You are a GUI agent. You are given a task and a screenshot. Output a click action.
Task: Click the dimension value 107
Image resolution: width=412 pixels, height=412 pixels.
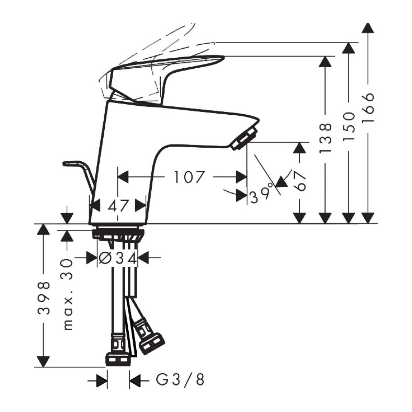tap(188, 177)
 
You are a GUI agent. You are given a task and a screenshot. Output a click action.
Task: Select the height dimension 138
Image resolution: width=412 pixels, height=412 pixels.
tap(325, 138)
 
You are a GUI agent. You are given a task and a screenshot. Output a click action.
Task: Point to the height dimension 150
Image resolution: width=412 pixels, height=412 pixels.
tap(349, 126)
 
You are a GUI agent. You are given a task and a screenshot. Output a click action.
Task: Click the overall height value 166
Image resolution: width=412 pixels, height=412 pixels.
tap(368, 107)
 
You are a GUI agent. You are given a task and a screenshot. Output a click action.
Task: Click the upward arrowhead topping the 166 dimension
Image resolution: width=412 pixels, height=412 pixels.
tap(368, 27)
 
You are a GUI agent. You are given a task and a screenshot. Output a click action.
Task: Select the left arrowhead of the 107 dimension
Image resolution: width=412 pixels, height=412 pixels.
tap(123, 177)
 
